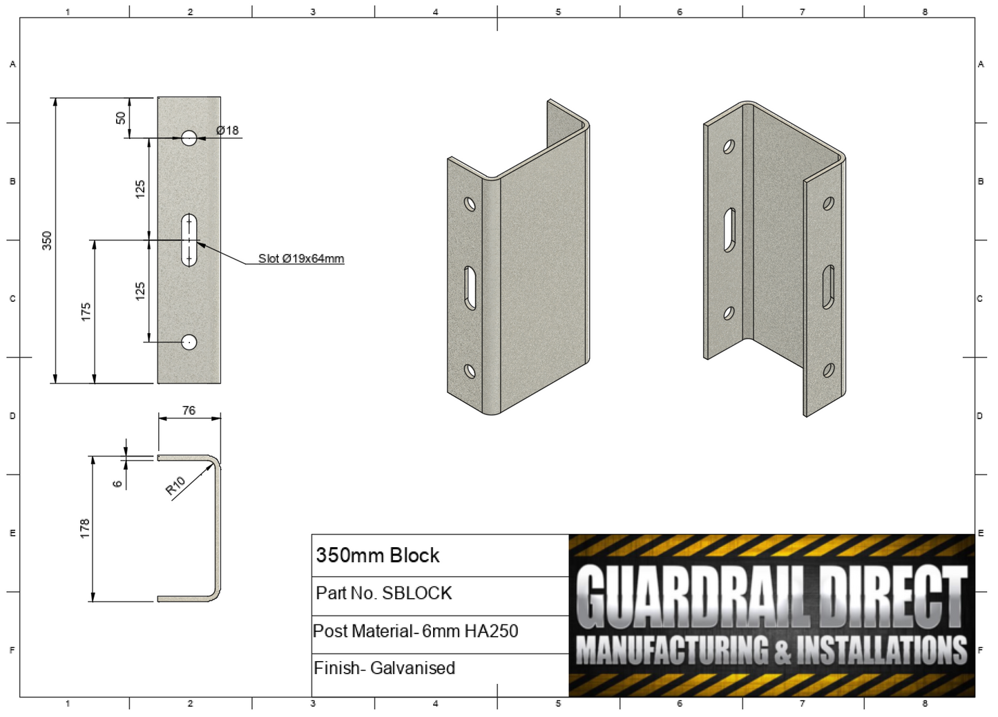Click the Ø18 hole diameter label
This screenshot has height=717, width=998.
point(227,130)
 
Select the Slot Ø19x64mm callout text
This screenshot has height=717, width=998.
point(300,258)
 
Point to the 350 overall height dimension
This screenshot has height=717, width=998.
point(47,240)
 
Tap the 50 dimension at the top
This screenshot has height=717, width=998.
point(121,118)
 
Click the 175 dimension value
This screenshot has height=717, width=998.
point(86,312)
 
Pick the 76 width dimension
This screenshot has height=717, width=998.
point(189,410)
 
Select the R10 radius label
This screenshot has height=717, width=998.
point(175,486)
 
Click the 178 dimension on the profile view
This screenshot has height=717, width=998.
point(84,528)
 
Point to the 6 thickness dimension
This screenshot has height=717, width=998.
point(117,484)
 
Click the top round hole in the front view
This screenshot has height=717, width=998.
point(189,138)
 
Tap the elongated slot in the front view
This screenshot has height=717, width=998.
point(189,240)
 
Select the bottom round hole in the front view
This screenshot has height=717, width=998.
point(189,342)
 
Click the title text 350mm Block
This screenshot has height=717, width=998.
point(377,555)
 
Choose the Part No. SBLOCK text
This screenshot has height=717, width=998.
point(383,593)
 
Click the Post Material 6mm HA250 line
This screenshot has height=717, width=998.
point(415,631)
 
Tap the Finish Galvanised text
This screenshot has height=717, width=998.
point(384,669)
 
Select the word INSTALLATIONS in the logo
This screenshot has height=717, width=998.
point(882,650)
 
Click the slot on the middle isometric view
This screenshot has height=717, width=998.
point(470,288)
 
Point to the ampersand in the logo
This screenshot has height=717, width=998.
point(782,651)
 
